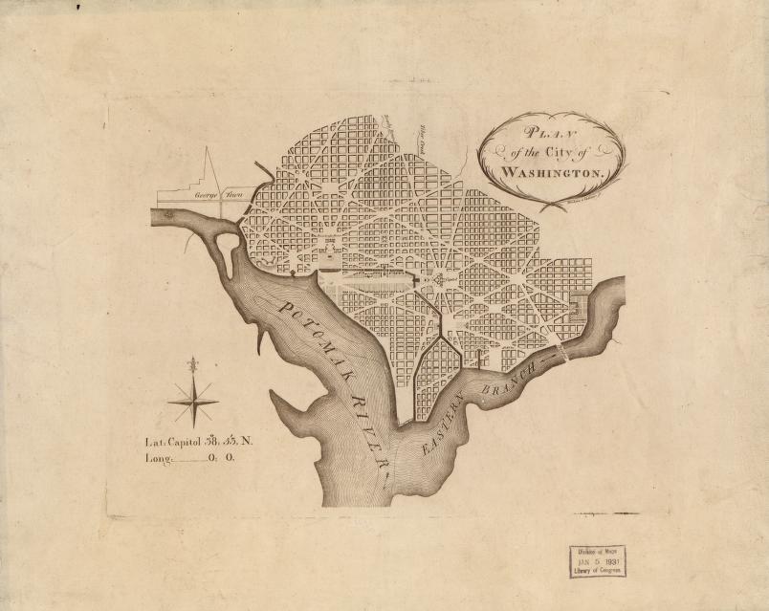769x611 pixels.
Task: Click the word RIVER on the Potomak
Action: [x=368, y=428]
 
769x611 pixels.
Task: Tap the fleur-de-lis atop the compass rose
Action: [x=194, y=366]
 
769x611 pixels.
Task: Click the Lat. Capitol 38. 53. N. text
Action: [x=199, y=442]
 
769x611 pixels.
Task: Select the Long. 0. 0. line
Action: [x=190, y=458]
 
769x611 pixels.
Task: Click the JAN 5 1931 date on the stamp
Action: [x=597, y=561]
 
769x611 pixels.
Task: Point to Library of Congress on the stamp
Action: [x=597, y=571]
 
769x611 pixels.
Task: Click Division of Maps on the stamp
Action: [x=597, y=551]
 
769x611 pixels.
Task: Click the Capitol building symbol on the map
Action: [x=439, y=280]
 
